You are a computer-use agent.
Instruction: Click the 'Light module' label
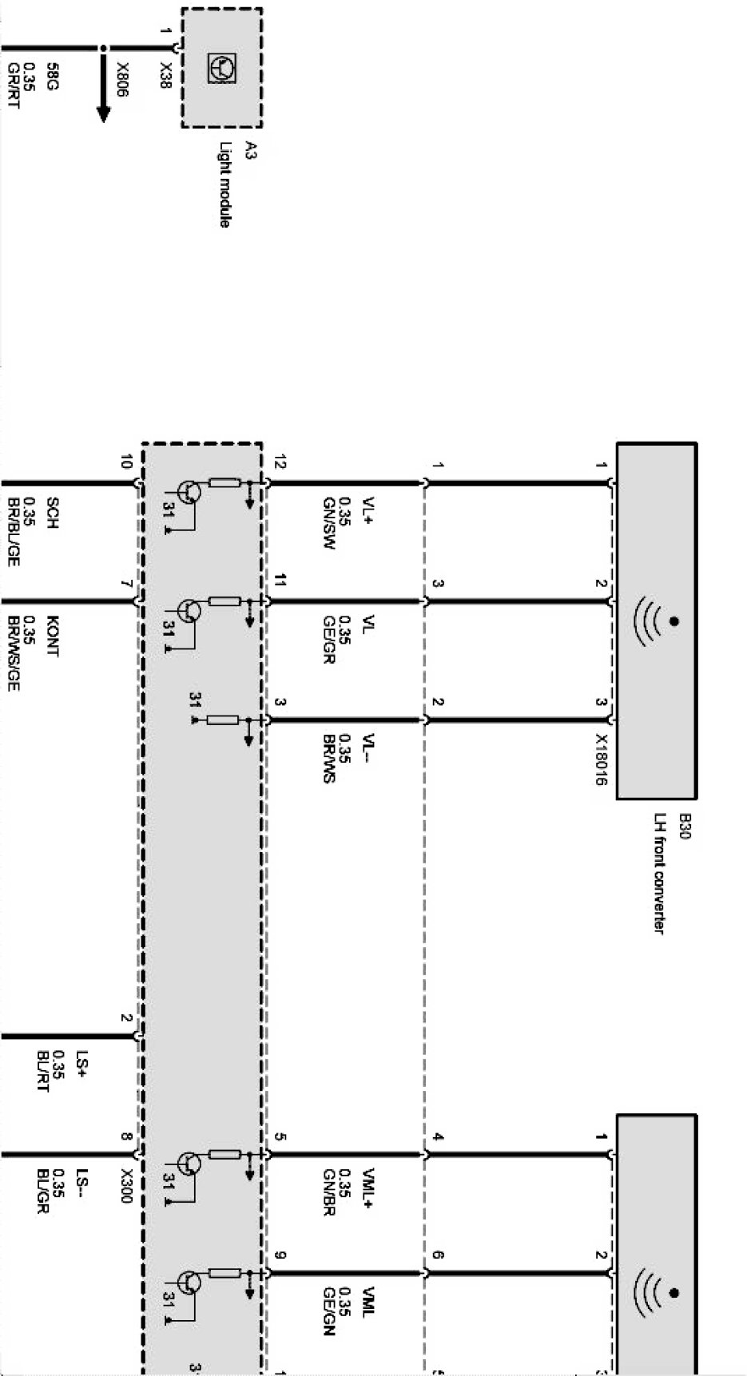click(x=225, y=184)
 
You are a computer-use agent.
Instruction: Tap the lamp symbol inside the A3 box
click(x=221, y=67)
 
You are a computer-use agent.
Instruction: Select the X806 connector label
click(x=122, y=80)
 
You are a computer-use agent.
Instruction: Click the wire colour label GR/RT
click(x=13, y=85)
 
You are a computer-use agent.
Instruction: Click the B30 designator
click(x=683, y=826)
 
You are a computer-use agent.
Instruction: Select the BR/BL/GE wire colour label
click(x=13, y=532)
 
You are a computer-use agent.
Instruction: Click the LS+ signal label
click(x=81, y=1061)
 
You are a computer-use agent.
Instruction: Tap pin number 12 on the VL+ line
click(x=280, y=461)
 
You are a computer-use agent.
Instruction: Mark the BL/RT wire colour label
click(x=43, y=1071)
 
